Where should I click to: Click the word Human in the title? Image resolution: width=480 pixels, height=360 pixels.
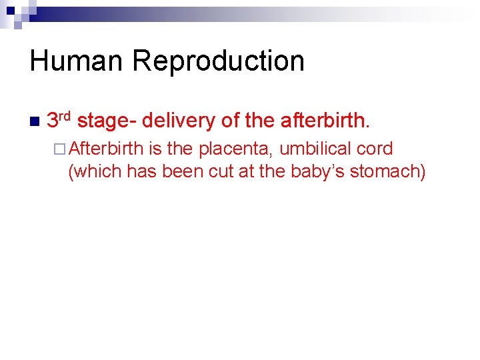click(76, 61)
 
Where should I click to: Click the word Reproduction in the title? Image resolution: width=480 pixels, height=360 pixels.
click(218, 61)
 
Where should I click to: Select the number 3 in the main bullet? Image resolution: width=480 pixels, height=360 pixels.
click(53, 121)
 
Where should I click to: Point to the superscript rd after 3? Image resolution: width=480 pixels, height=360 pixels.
click(65, 116)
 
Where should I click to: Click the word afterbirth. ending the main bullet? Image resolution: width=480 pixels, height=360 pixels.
click(324, 121)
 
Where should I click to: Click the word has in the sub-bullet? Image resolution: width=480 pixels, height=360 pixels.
click(140, 171)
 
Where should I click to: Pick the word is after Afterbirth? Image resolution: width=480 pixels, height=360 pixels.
click(157, 149)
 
